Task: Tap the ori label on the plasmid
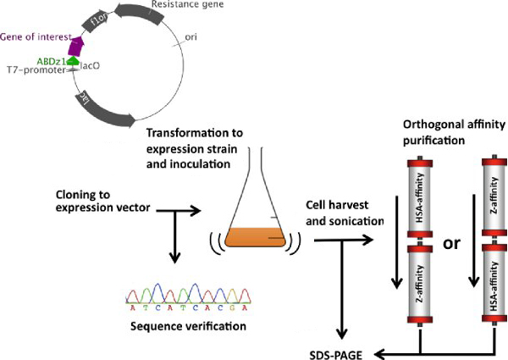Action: click(x=192, y=37)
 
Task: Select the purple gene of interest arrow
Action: click(x=77, y=46)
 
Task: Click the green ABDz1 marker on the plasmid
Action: click(x=73, y=60)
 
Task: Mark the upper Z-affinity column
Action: click(x=494, y=202)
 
